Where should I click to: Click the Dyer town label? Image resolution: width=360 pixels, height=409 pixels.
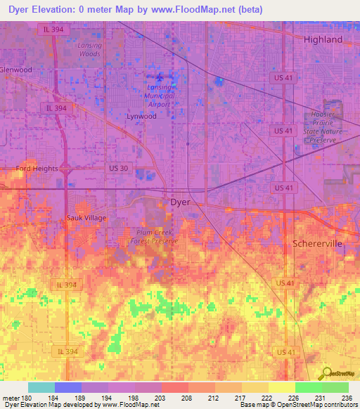click(x=181, y=202)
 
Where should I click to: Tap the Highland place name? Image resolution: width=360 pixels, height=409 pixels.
click(x=323, y=40)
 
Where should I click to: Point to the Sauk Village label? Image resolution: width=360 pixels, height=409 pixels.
click(x=86, y=218)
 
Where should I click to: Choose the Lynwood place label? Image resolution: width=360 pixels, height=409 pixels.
click(x=141, y=117)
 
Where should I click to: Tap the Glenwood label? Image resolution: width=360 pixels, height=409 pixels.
click(x=16, y=70)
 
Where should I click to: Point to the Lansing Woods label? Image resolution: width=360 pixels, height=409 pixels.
click(x=89, y=49)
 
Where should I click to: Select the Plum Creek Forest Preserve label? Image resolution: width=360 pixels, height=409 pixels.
click(x=154, y=236)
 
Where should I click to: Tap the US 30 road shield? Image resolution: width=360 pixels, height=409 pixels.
click(x=117, y=169)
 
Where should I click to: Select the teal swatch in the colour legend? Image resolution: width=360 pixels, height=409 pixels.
click(x=41, y=387)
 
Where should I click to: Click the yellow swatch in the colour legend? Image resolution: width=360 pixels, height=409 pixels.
click(x=282, y=387)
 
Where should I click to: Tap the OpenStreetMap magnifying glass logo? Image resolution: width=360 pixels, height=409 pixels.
click(x=326, y=374)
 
